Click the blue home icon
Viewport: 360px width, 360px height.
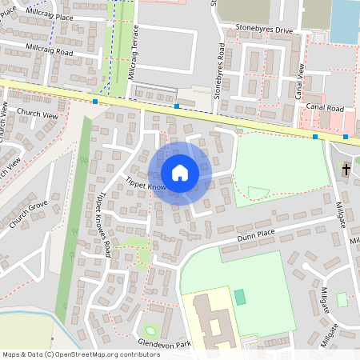tap(180, 173)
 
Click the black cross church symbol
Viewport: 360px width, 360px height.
tap(346, 170)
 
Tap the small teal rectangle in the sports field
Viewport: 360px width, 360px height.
tap(240, 297)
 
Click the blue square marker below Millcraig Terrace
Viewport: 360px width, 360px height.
tap(96, 102)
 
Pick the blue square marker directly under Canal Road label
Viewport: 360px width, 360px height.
tap(315, 137)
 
